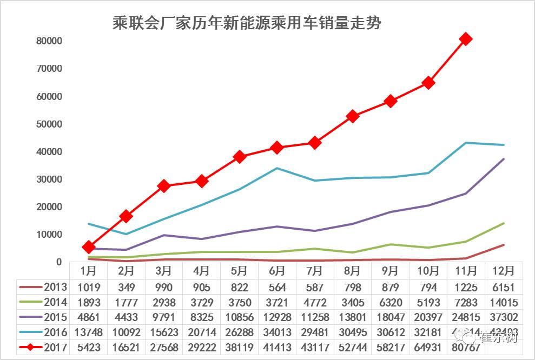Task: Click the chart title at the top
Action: [x=247, y=23]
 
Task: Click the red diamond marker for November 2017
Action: [x=465, y=39]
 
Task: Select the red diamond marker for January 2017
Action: [x=89, y=247]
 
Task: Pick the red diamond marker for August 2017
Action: [x=353, y=116]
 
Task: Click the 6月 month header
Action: [x=277, y=270]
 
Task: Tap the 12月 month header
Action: [x=503, y=270]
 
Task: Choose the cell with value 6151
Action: [x=503, y=288]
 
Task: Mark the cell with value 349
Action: [x=127, y=288]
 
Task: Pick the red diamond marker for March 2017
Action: [x=164, y=186]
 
